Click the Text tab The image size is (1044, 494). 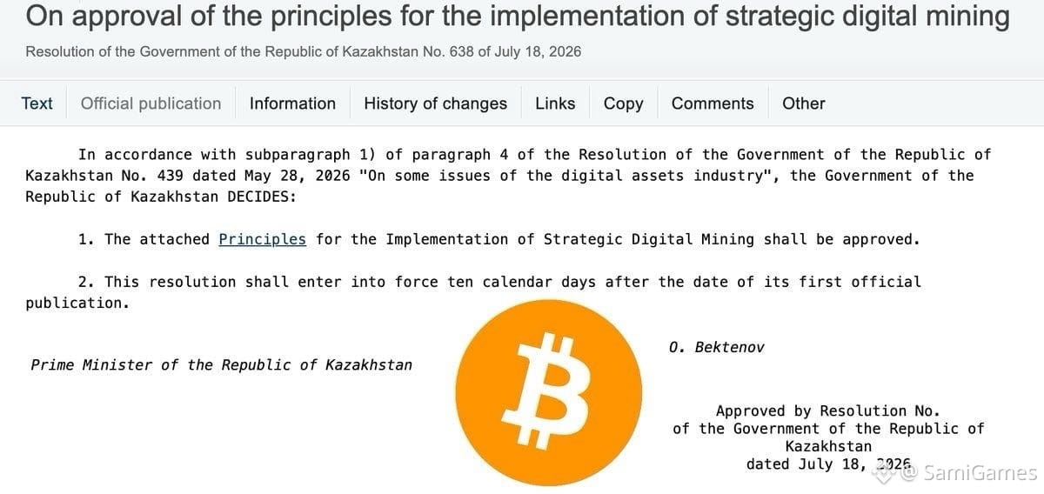(x=37, y=103)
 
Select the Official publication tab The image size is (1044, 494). (x=151, y=103)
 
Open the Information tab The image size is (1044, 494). (x=292, y=103)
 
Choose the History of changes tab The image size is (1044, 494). (x=435, y=103)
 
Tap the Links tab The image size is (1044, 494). (x=555, y=103)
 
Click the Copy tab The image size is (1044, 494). (x=623, y=103)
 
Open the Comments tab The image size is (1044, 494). (x=713, y=103)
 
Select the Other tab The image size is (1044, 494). (x=804, y=103)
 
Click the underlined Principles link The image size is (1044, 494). (x=263, y=239)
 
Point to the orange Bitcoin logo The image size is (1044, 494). (x=549, y=392)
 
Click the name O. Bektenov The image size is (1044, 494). (x=716, y=347)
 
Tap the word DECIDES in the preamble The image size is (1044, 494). (x=262, y=197)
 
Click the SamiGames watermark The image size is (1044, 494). (x=972, y=473)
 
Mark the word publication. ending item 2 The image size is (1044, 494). (x=77, y=304)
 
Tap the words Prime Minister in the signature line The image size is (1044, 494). (x=91, y=365)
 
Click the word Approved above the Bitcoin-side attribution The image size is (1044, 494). (x=750, y=411)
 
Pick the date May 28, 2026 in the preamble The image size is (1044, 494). (x=298, y=176)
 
